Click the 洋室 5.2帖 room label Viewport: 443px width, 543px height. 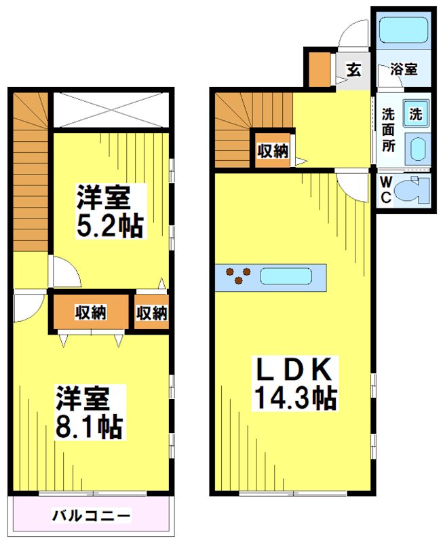tap(109, 211)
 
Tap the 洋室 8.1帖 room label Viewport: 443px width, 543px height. tap(90, 411)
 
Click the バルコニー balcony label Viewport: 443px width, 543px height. tap(92, 515)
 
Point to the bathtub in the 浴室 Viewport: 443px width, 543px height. tap(400, 31)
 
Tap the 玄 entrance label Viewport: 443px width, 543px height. tap(353, 69)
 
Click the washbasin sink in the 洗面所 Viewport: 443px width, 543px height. tap(415, 148)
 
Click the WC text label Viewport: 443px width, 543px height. tap(385, 189)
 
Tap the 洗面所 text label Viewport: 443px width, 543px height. tap(388, 128)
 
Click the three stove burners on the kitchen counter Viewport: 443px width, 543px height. tap(238, 276)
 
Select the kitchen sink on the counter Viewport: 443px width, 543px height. tap(286, 276)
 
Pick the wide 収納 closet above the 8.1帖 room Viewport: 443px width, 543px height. tap(90, 312)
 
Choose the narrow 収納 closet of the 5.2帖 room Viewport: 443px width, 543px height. tap(151, 312)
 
